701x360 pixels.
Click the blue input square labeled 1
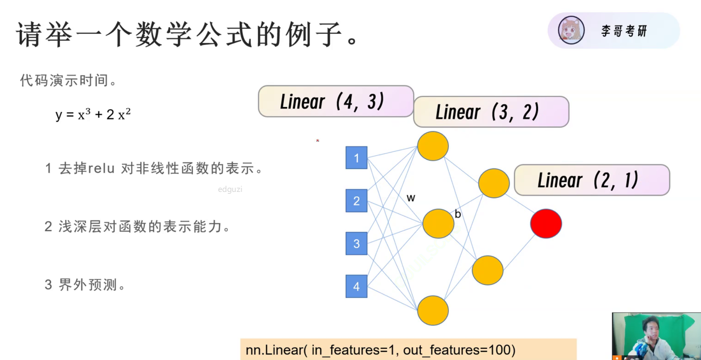coord(356,158)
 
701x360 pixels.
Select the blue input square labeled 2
coord(356,201)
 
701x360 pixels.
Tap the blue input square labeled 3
coord(356,244)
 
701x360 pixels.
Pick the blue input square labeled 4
coord(356,286)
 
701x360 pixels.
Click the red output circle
coord(546,224)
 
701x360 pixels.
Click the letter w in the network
coord(411,198)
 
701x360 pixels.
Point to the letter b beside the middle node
coord(458,214)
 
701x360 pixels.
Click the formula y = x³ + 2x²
coord(93,114)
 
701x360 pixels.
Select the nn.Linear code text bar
coord(408,349)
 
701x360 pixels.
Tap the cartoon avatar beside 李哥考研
coord(571,30)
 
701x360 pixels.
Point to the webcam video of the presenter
coord(656,336)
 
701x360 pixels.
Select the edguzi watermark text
coord(230,189)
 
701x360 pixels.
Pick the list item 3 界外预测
coord(85,285)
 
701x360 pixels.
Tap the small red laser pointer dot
coord(318,141)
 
